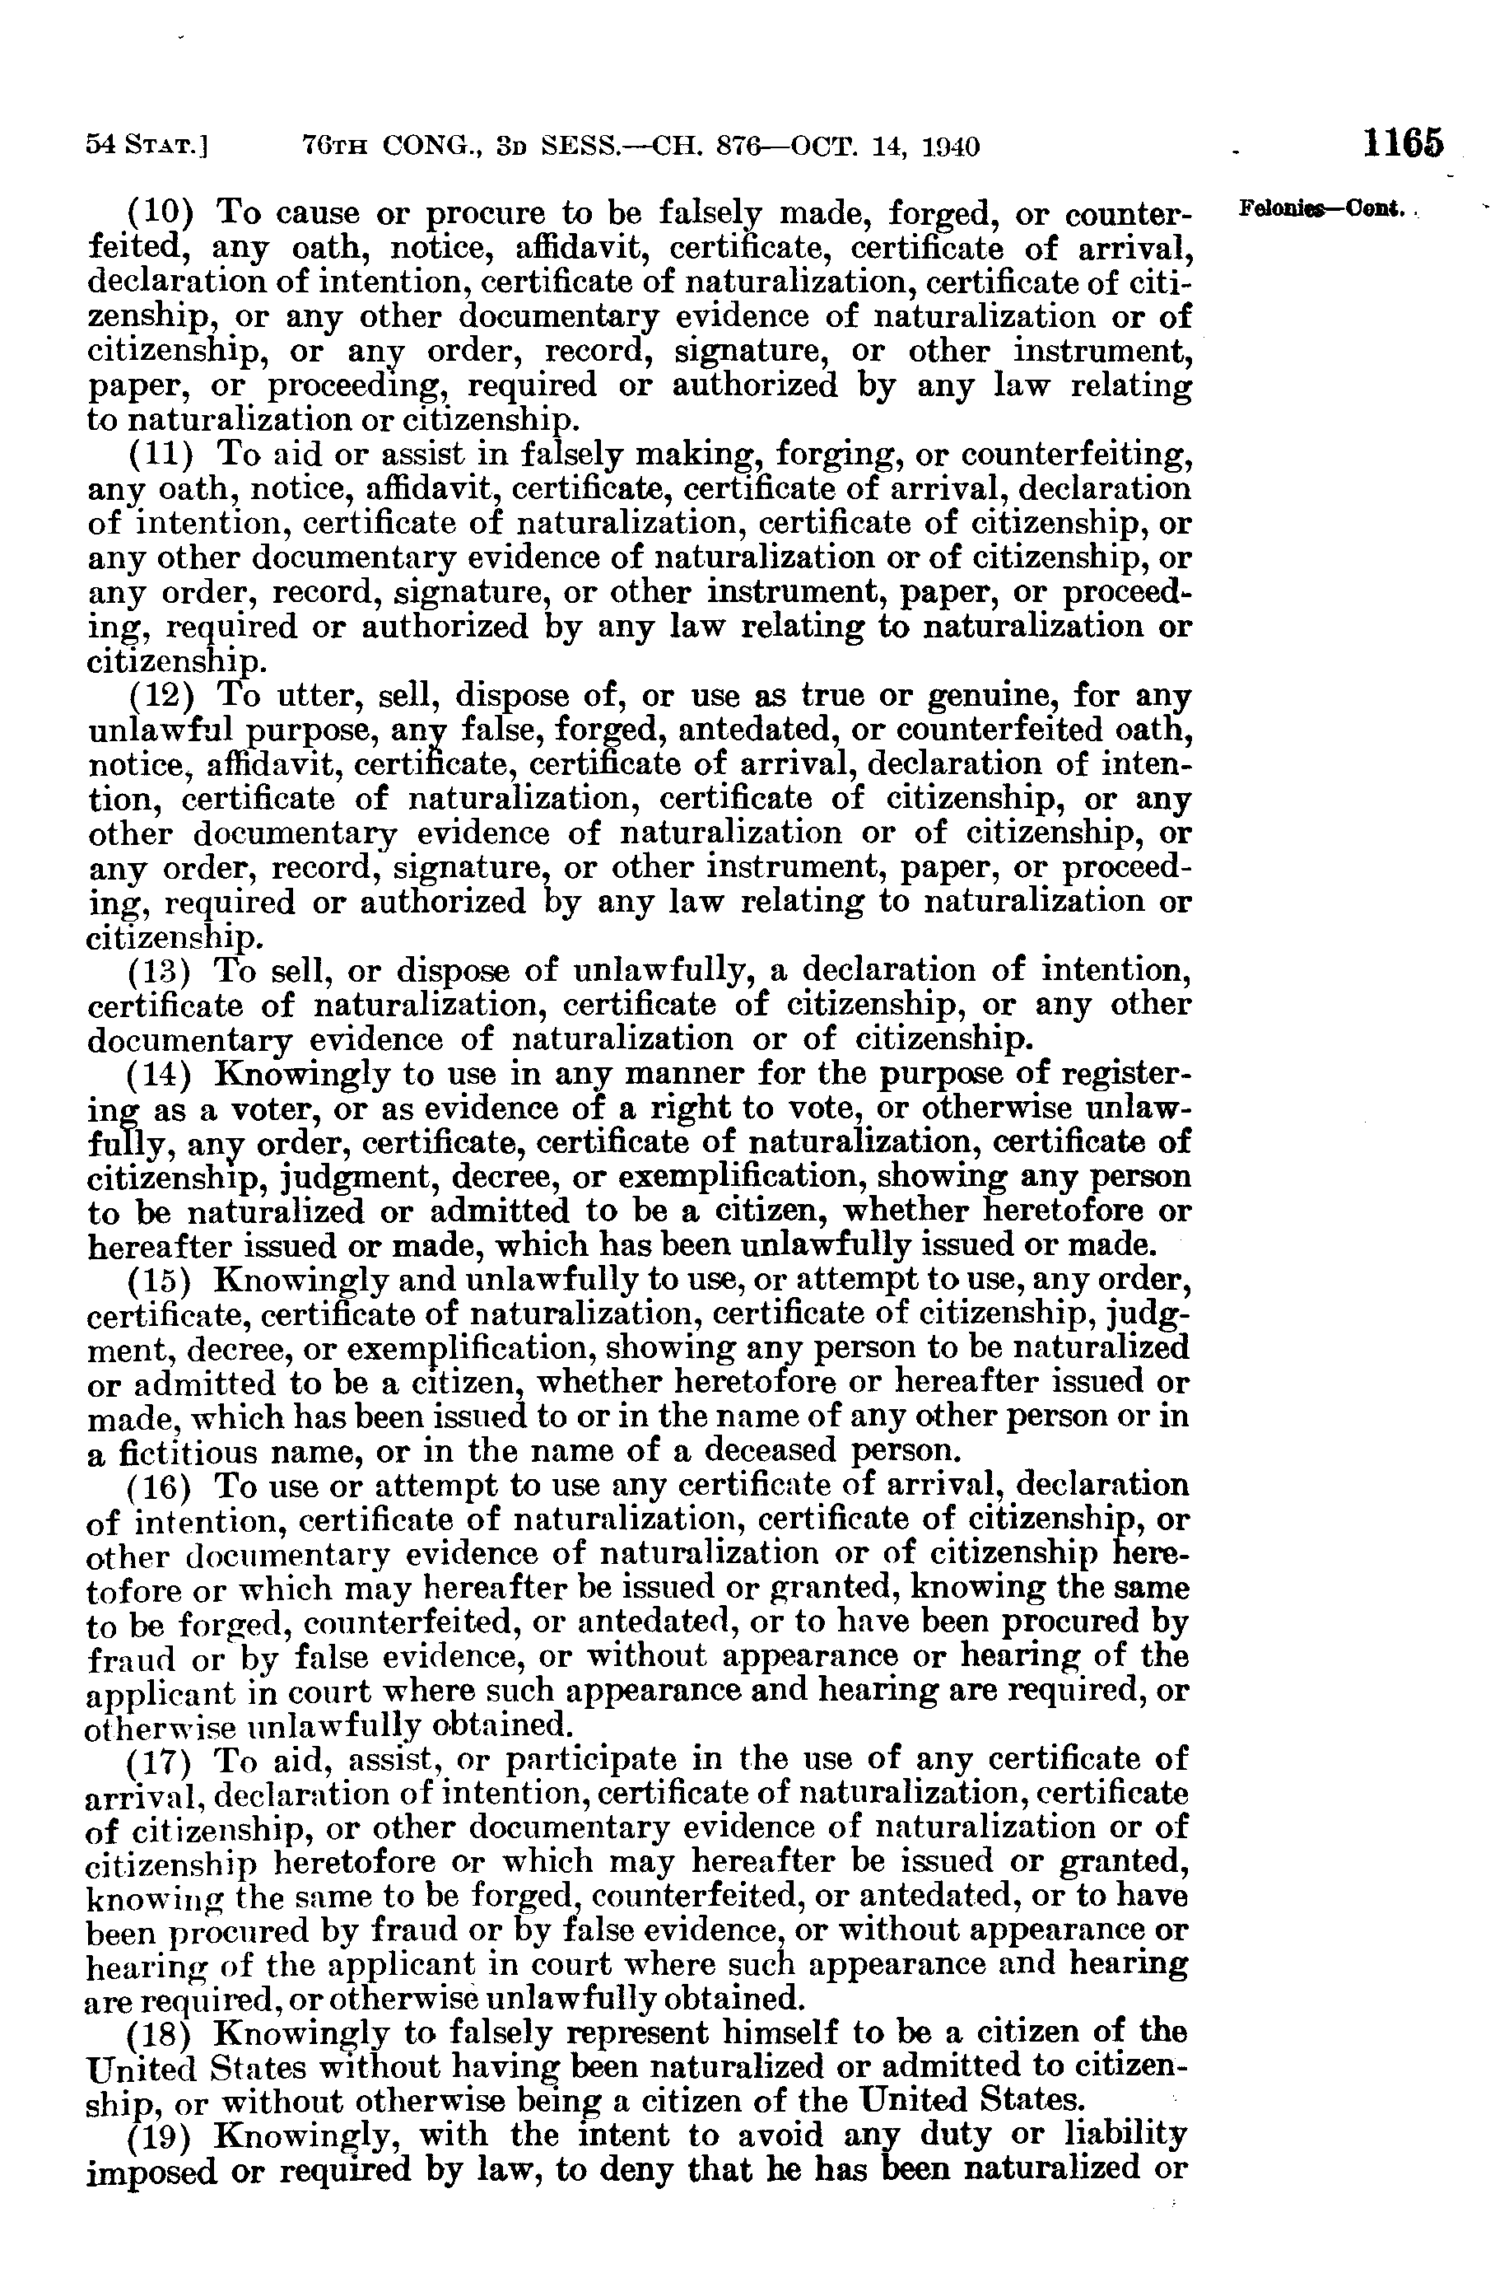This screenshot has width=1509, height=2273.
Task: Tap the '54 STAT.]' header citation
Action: tap(149, 147)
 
